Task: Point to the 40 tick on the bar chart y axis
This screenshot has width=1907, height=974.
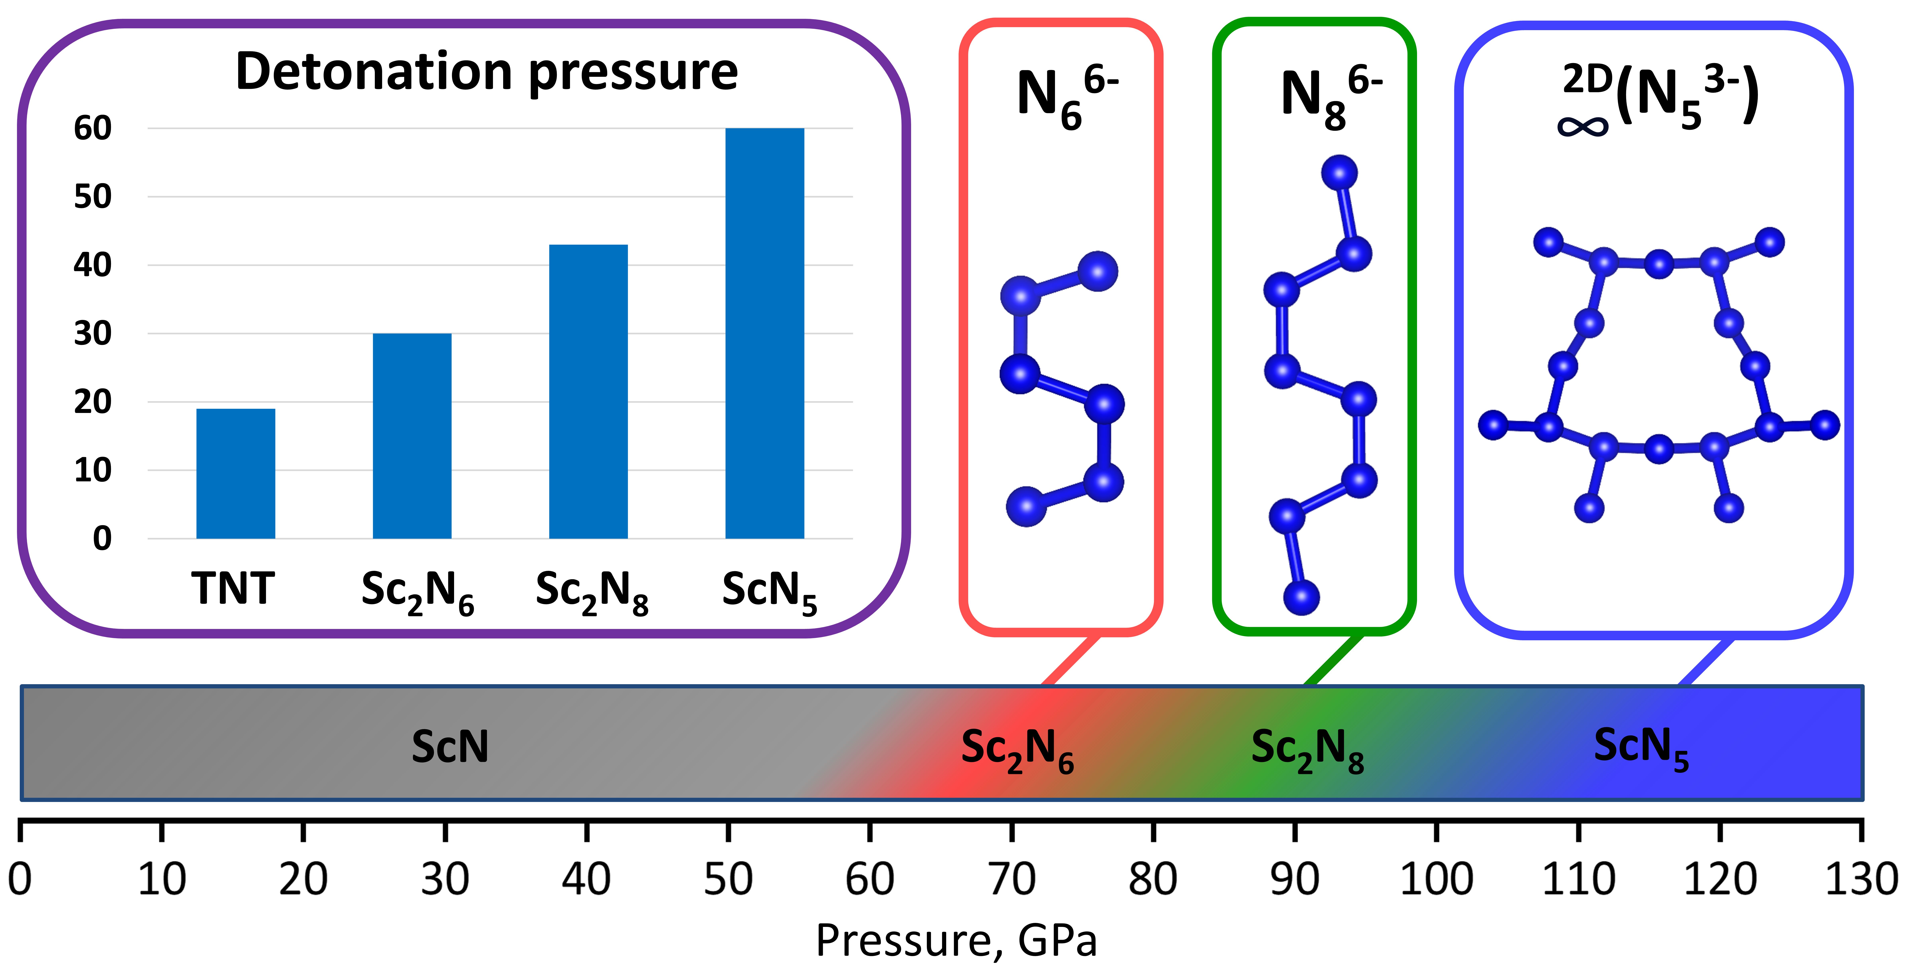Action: pyautogui.click(x=93, y=265)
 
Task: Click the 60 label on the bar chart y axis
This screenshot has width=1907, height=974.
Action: pyautogui.click(x=93, y=128)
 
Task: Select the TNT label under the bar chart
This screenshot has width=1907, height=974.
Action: pyautogui.click(x=233, y=588)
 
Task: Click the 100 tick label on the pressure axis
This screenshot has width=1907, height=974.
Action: pyautogui.click(x=1436, y=879)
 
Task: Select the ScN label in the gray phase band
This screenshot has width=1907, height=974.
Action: pyautogui.click(x=450, y=746)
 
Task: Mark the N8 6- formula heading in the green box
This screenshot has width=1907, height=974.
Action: pyautogui.click(x=1330, y=96)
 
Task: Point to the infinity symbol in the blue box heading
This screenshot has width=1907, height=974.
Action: pyautogui.click(x=1583, y=127)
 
